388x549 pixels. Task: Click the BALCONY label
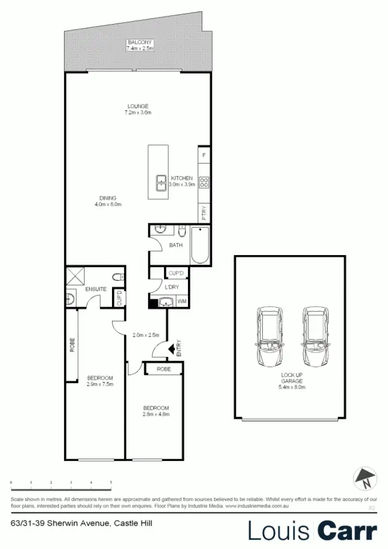pos(139,43)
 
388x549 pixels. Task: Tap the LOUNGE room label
pos(138,106)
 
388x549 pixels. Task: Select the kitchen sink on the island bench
pos(161,183)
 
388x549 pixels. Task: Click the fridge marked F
pos(204,155)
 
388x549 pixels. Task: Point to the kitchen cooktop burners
pos(204,183)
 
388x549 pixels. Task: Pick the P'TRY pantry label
pos(204,213)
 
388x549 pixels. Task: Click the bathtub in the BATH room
pos(201,247)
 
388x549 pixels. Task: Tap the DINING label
pos(108,198)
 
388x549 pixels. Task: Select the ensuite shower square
pos(75,276)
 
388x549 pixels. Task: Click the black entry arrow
pos(171,347)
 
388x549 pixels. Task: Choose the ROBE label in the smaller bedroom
pos(163,369)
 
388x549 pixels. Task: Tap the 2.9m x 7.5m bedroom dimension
pos(100,385)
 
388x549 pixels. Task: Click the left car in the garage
pos(269,337)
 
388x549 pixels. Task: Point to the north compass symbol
pos(364,478)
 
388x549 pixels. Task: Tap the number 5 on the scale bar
pos(111,482)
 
